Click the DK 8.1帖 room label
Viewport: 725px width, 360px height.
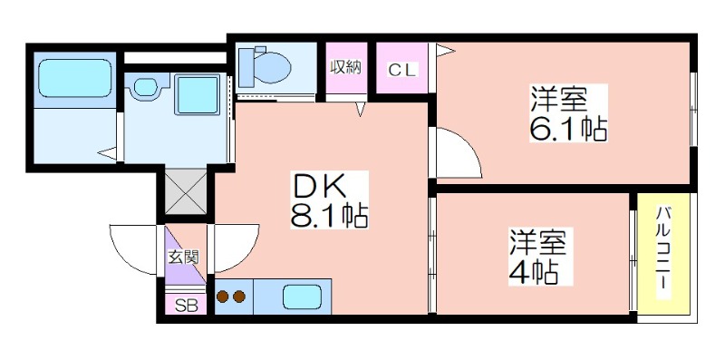point(329,199)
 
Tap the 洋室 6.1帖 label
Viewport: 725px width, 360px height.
point(568,113)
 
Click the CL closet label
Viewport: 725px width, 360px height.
point(402,71)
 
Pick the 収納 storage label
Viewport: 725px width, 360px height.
point(345,68)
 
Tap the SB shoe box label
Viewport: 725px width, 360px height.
point(187,306)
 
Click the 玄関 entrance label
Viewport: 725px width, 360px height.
point(183,258)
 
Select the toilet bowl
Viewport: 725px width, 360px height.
point(265,68)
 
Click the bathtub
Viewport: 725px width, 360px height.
point(75,78)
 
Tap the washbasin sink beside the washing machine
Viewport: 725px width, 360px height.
point(145,86)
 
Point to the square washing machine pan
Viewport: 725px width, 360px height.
point(197,94)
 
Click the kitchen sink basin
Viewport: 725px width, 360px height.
point(302,297)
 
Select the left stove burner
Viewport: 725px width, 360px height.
point(223,297)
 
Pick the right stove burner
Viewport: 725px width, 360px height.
point(239,297)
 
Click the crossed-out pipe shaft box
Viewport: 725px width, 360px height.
point(185,191)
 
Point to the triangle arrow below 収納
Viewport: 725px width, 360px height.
point(361,109)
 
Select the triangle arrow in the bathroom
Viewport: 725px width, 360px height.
point(107,153)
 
